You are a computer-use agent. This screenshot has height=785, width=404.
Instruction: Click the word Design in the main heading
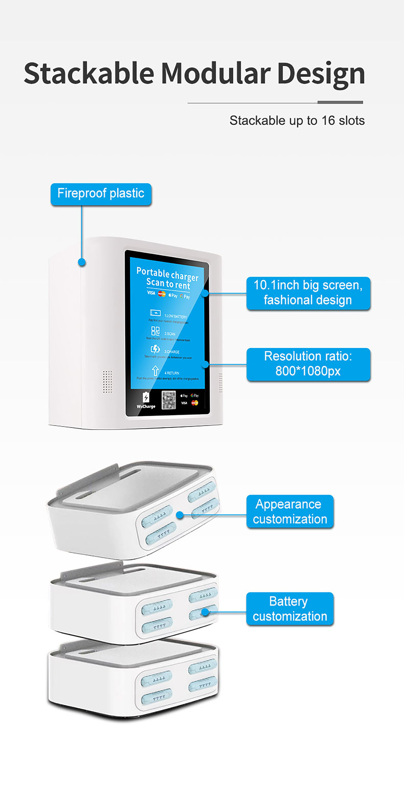point(321,74)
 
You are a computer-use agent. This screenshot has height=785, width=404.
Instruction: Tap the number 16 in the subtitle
point(328,121)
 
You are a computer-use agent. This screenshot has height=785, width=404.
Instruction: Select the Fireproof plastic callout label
point(101,194)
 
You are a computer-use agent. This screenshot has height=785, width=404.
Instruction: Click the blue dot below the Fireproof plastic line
point(82,262)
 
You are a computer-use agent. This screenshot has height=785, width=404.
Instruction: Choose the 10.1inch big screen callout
point(308,293)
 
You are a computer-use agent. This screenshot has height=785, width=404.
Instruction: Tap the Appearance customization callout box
point(290,512)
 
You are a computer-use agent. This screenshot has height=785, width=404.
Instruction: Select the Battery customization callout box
point(290,609)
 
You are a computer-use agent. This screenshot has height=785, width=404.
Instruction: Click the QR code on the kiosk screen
point(169,400)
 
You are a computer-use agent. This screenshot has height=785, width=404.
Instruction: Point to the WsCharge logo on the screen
point(146,401)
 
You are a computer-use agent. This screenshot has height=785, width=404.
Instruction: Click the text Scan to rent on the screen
point(168,284)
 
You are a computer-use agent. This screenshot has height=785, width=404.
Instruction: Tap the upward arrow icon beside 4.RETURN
point(155,371)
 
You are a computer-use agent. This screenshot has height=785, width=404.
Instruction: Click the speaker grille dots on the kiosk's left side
point(107,382)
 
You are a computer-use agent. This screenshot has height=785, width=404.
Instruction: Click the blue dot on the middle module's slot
point(205,612)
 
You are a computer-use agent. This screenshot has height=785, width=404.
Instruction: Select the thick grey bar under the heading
point(340,102)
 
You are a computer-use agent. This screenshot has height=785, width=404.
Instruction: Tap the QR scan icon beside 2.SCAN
point(155,331)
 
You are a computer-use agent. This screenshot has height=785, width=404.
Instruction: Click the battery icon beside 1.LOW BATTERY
point(155,313)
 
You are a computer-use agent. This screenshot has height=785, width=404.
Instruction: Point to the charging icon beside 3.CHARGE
point(155,349)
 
